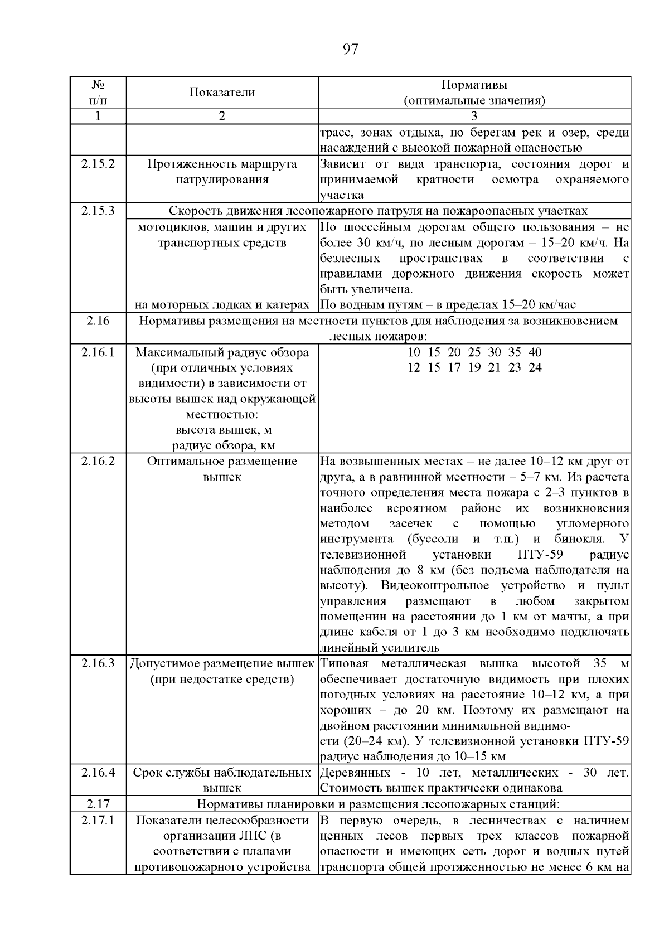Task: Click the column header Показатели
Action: click(222, 93)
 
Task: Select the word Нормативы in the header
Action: click(474, 85)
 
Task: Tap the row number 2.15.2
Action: click(98, 164)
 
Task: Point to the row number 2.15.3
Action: click(98, 211)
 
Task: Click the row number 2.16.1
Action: click(98, 352)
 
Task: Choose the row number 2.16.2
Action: click(98, 462)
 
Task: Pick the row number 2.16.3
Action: click(98, 663)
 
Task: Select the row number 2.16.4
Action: click(98, 773)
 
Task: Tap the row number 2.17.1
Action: click(98, 821)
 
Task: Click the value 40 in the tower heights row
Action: click(535, 352)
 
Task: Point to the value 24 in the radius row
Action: click(535, 368)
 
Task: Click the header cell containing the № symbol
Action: click(98, 85)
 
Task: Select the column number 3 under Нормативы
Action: click(474, 117)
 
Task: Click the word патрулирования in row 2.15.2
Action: click(222, 180)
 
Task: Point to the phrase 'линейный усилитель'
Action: click(380, 648)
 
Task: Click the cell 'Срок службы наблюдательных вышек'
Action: click(222, 780)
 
